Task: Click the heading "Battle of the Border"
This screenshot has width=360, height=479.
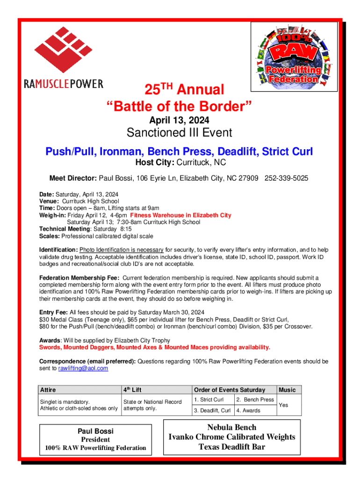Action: pos(180,107)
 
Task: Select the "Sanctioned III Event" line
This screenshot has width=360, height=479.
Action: pos(180,133)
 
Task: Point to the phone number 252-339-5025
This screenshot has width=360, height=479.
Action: pos(286,179)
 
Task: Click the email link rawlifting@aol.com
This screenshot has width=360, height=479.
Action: pos(83,369)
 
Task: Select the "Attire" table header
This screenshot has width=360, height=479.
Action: pos(48,390)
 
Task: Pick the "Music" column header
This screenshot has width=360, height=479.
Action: pos(288,390)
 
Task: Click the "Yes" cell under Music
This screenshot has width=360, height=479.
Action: pos(283,405)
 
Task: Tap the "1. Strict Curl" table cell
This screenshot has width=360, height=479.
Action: pos(209,399)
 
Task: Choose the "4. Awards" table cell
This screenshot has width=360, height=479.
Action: pos(248,411)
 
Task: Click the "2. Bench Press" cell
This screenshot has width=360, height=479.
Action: pos(255,399)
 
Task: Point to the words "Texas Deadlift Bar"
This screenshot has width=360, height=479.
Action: pos(232,447)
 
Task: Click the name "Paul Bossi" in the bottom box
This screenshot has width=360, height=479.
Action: pos(95,431)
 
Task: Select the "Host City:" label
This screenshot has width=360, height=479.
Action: pos(155,163)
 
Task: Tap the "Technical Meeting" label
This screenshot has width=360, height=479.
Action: pos(64,229)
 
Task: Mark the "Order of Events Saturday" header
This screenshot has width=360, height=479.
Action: pos(230,390)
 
